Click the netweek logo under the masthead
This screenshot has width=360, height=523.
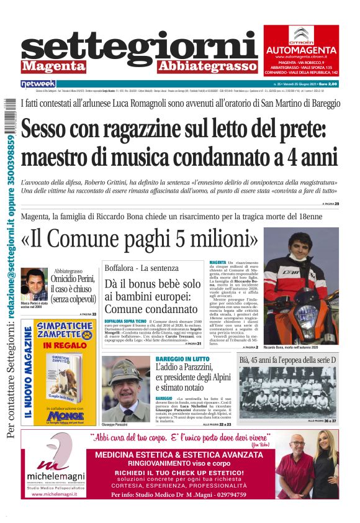38,83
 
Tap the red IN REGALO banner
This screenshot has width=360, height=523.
64,344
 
